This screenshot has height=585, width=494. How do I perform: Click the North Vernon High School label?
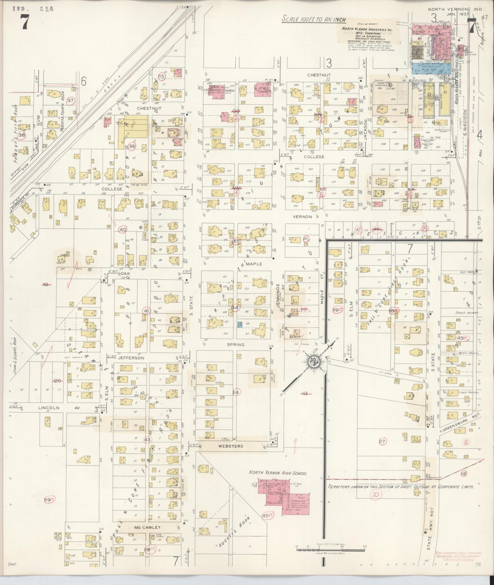tap(277, 473)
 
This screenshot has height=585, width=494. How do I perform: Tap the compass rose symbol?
tap(315, 363)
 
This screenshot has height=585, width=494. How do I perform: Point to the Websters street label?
tap(231, 446)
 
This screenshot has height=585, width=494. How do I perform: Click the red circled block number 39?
tap(132, 146)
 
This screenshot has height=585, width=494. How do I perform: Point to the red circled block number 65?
tap(237, 241)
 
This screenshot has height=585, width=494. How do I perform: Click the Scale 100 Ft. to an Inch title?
tap(314, 20)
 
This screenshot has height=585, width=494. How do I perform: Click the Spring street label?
tap(236, 344)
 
